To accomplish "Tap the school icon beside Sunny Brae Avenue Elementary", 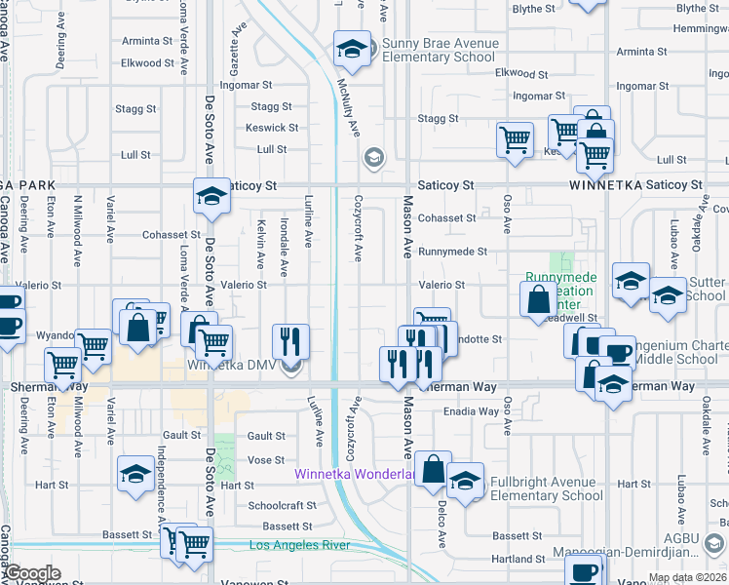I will pos(352,48).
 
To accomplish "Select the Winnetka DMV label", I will pos(233,367).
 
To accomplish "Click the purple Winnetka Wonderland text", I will pos(357,475).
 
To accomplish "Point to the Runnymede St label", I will pos(452,252).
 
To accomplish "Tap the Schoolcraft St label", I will pos(282,506).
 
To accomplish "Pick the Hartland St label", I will pos(518,559).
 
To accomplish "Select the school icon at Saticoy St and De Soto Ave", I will pos(210,195).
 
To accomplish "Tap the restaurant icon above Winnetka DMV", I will pos(290,340).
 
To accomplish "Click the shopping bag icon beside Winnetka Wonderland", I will pos(432,468).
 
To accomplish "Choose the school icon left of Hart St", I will pos(134,474).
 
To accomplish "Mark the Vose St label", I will pos(265,459).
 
